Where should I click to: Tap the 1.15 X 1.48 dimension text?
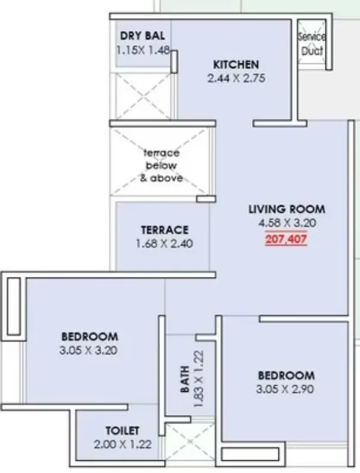[144, 51]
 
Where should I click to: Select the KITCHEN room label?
[236, 64]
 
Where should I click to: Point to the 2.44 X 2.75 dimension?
[236, 78]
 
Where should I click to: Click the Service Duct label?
[311, 44]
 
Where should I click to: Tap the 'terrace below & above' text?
[161, 165]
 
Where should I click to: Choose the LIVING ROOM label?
[287, 209]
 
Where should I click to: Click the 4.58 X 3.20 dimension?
[287, 223]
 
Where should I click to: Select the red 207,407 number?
[286, 241]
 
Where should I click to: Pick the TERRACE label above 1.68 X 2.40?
[165, 229]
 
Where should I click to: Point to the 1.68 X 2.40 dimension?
[164, 243]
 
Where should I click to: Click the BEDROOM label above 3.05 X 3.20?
[89, 337]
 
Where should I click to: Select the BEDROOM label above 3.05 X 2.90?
[285, 376]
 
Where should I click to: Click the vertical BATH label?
[185, 379]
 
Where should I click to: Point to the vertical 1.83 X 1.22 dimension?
[200, 379]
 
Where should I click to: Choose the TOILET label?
[122, 430]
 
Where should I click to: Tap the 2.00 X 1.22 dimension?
[122, 444]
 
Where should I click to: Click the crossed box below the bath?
[190, 443]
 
